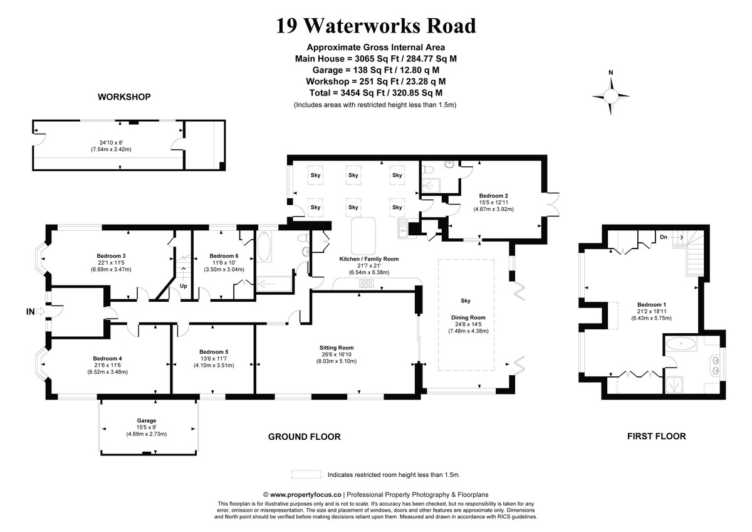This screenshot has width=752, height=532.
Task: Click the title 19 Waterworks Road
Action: (376, 26)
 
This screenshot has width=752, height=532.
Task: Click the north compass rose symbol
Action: (611, 95)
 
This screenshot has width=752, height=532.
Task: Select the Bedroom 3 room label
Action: (112, 256)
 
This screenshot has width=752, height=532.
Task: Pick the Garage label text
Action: (147, 420)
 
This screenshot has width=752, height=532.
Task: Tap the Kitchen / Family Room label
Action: (368, 259)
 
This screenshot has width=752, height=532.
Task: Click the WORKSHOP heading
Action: (124, 97)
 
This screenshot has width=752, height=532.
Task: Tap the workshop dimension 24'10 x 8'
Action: (109, 142)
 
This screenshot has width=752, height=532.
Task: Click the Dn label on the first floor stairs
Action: (663, 237)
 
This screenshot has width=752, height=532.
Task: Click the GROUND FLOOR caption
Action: (304, 437)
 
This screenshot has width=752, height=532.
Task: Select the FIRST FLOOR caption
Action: (656, 436)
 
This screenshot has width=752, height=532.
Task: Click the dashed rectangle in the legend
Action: (306, 475)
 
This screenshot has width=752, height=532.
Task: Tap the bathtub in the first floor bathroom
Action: (681, 344)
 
